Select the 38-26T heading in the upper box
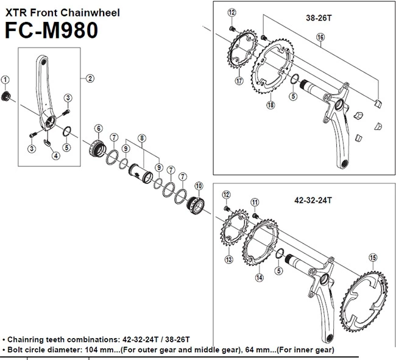(x=319, y=18)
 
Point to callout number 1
(x=5, y=79)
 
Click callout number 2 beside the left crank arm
(x=90, y=77)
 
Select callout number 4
(x=56, y=155)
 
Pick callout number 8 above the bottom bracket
(x=141, y=138)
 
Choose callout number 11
(x=255, y=202)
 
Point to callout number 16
(x=320, y=38)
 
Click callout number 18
(x=253, y=105)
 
